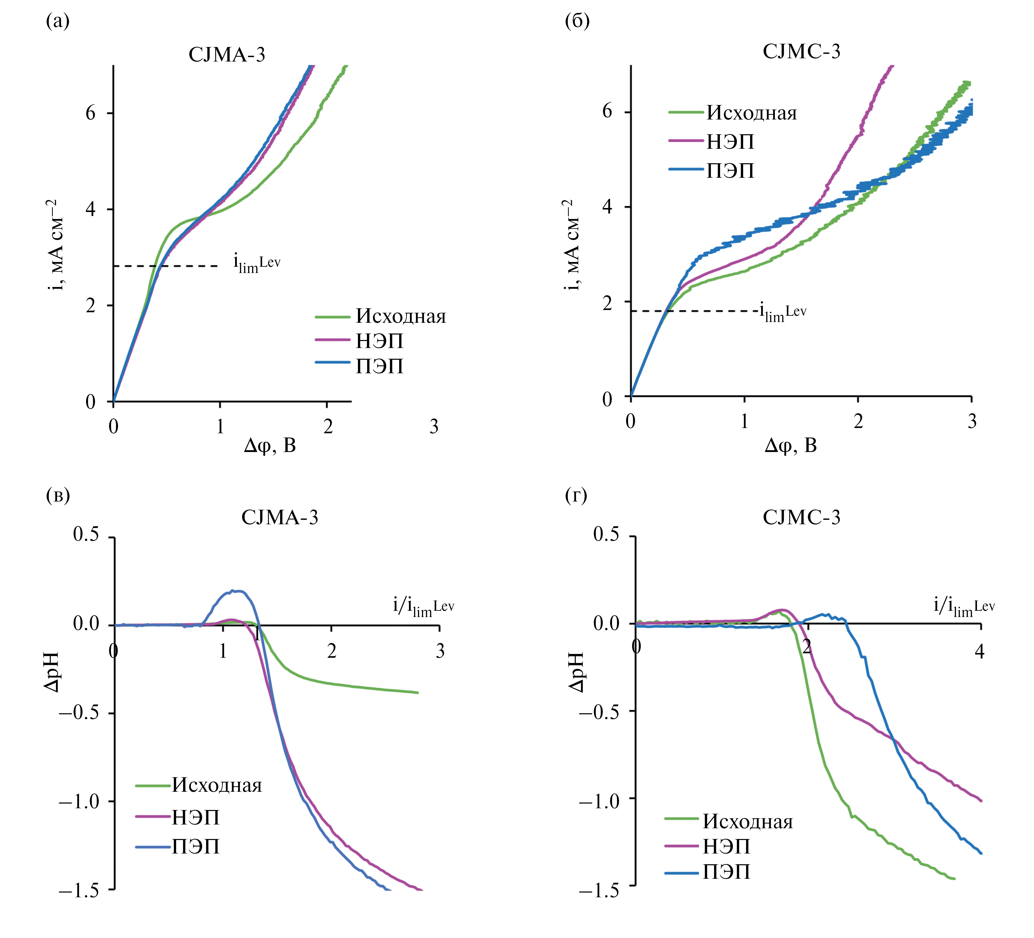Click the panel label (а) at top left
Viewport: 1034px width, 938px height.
[58, 21]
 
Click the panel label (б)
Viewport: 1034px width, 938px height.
[577, 21]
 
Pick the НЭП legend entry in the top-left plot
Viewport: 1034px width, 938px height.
[379, 341]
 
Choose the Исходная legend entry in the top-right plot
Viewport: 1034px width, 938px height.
[751, 113]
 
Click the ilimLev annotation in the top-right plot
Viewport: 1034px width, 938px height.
[783, 312]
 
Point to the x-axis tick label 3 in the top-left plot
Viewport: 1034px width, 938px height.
[434, 426]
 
